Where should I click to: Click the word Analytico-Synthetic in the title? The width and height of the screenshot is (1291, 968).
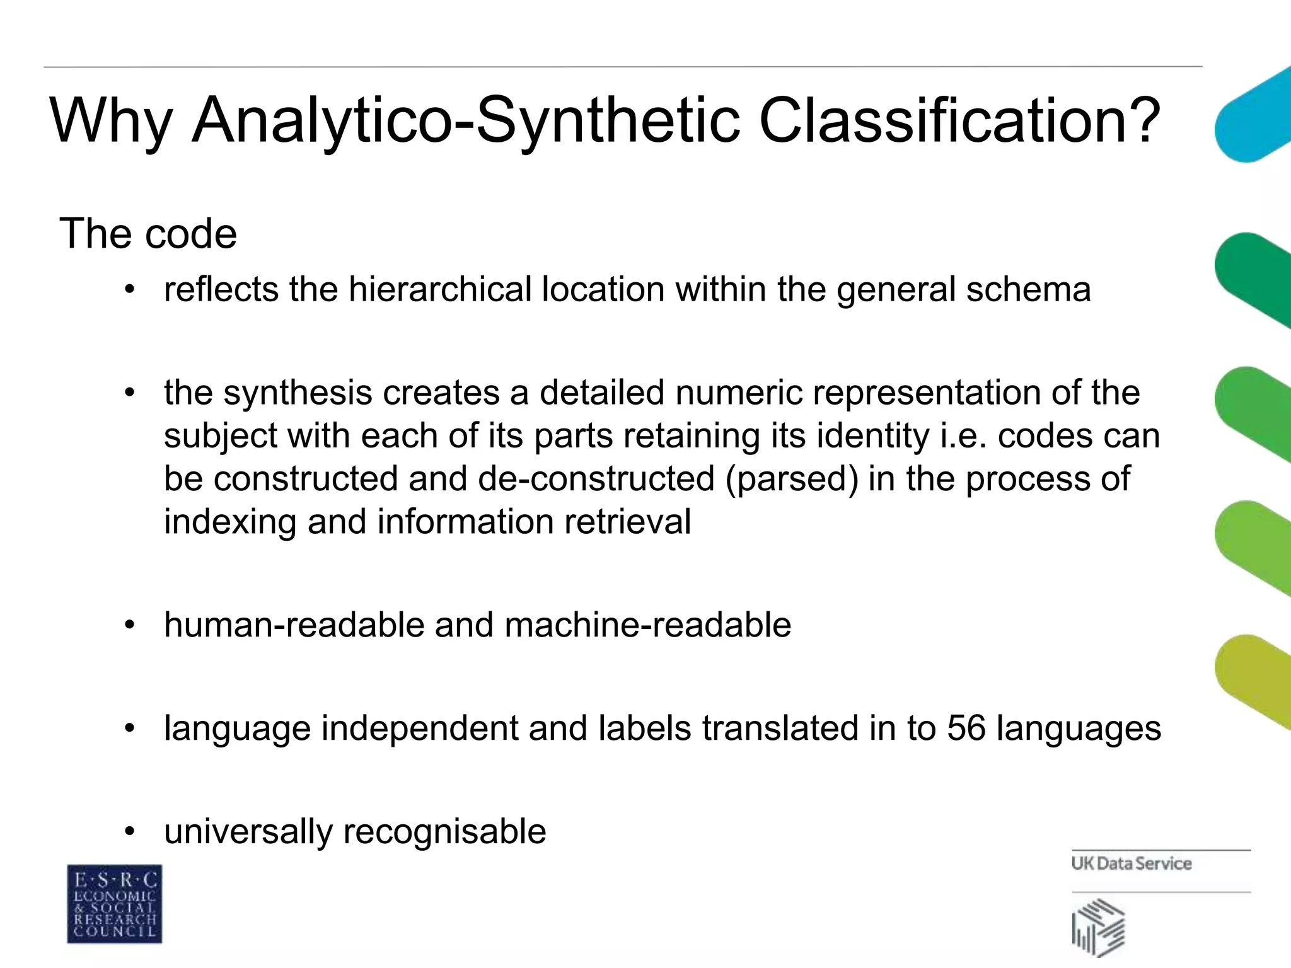tap(465, 121)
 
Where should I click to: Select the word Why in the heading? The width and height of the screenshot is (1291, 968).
tap(110, 121)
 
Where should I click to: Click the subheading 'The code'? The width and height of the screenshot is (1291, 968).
tap(148, 234)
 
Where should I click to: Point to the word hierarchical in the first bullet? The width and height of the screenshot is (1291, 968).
tap(440, 289)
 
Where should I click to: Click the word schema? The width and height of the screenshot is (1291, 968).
tap(1028, 289)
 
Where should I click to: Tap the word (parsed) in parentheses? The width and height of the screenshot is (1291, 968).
tap(791, 479)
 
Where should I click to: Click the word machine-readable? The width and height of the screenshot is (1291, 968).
tap(647, 625)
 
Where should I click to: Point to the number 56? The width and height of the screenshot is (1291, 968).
tap(966, 729)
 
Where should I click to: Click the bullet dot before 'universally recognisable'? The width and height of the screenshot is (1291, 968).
tap(130, 832)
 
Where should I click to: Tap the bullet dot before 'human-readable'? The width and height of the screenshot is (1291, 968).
tap(130, 625)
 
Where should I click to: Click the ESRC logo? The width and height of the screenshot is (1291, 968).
tap(114, 904)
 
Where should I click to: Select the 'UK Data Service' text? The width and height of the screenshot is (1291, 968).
tap(1131, 863)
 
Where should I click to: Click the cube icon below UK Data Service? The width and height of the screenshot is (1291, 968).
tap(1098, 927)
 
